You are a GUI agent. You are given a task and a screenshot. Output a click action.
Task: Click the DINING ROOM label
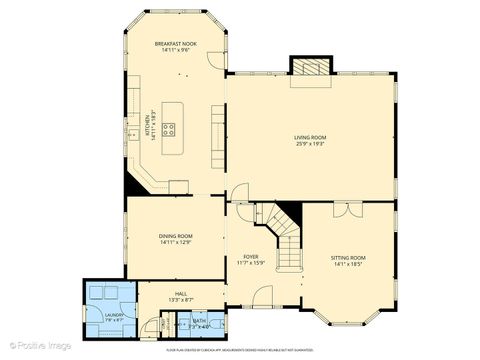175,236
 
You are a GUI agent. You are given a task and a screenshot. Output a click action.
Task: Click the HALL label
181,293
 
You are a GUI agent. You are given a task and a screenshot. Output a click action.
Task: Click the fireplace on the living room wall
308,66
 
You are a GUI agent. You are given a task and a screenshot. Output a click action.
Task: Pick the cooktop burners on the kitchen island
170,128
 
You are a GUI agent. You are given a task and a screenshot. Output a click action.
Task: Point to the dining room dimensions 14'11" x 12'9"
175,243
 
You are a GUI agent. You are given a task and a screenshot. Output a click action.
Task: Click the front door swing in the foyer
262,296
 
